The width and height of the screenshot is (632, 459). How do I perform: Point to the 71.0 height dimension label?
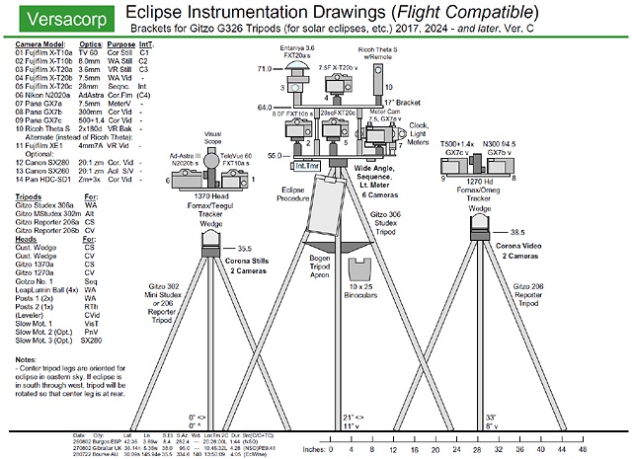click(x=264, y=70)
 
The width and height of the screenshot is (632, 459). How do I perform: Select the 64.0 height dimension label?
click(x=264, y=107)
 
